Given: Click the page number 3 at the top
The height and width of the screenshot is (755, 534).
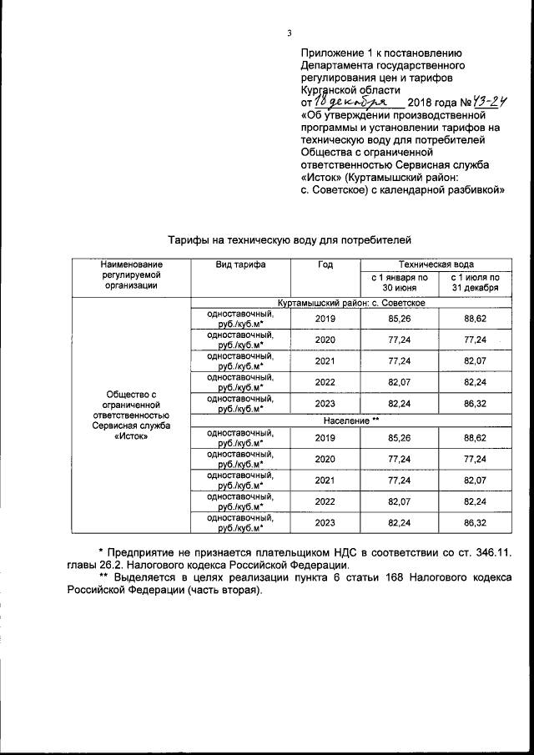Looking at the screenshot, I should point(289,33).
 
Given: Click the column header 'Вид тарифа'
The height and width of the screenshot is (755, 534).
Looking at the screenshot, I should point(240,264).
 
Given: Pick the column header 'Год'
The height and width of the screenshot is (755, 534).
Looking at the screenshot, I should point(325,264).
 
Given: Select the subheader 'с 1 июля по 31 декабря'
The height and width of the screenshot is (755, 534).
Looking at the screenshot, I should point(474,282).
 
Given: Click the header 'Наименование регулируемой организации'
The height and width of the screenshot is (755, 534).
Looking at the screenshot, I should point(132,274).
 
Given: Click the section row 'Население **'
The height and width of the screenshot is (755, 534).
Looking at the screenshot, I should point(351,421).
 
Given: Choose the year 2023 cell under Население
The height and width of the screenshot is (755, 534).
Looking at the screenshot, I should point(325,522).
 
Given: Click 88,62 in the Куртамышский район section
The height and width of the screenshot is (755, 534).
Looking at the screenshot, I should point(474,318).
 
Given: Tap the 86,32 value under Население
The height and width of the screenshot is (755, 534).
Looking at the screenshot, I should point(474,522).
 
